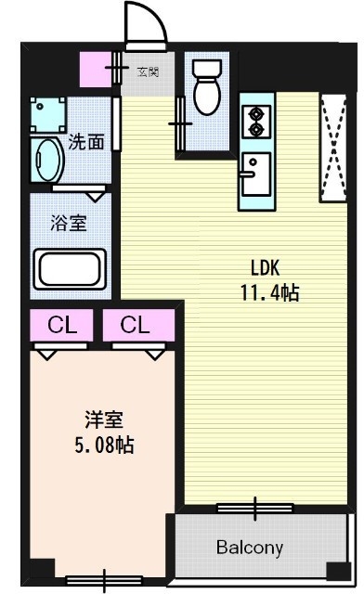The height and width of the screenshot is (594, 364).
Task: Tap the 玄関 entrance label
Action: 148,71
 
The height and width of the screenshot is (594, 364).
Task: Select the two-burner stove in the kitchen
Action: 253,121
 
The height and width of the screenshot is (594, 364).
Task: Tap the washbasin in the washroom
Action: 46,161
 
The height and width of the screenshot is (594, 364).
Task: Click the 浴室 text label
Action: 65,223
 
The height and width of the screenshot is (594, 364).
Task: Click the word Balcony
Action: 249,547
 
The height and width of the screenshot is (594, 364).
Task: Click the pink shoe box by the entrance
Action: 96,70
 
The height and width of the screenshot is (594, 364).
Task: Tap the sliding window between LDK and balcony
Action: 254,508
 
